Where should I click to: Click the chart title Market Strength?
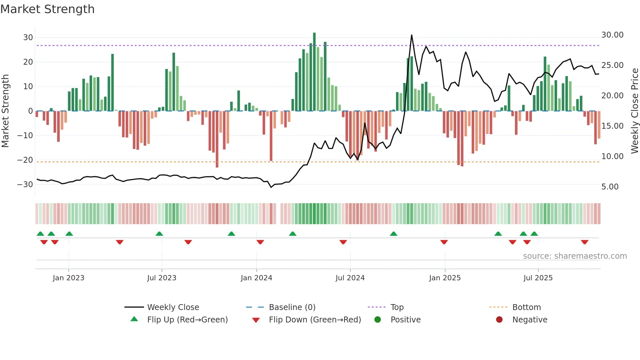coord(47,9)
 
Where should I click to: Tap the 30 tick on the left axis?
coord(28,38)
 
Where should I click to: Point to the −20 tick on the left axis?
coord(25,160)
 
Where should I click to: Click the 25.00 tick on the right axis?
coord(612,65)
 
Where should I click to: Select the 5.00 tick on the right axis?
coord(610,187)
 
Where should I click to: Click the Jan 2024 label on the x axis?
coord(256,278)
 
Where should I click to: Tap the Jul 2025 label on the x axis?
coord(538,278)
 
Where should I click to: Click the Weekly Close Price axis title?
coord(634,111)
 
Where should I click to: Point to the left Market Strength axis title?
coord(5,111)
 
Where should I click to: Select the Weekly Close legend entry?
coord(173,307)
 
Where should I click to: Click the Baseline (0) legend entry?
coord(292,307)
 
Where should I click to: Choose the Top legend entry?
coord(397,307)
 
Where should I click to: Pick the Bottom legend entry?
coord(526,307)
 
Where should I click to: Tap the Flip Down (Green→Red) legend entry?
coord(315,320)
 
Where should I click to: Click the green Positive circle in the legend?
coord(378,320)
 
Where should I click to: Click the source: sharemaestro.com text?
coord(575,256)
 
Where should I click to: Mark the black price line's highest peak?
coord(411,35)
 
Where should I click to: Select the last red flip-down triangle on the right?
coord(584,242)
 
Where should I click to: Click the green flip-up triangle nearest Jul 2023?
coord(159,234)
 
